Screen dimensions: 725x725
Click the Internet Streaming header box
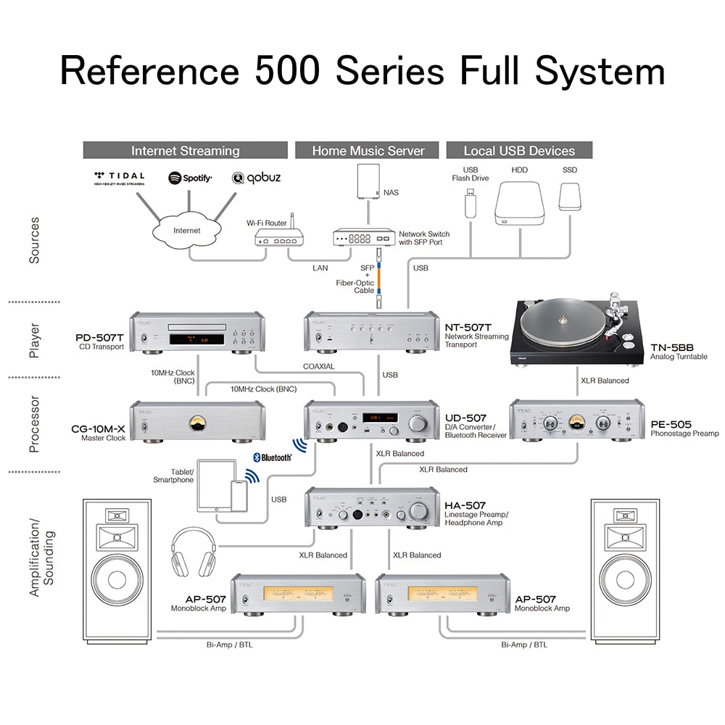pos(186,151)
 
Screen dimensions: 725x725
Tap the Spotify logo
pos(190,178)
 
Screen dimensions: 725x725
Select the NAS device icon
pos(368,182)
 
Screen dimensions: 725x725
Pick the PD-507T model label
pos(99,337)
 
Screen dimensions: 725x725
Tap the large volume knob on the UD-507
pos(418,423)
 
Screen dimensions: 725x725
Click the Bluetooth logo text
pos(272,457)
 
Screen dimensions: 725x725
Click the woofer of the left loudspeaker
pos(117,581)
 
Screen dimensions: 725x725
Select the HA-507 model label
pos(465,505)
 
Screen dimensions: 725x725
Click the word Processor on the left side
pos(34,423)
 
